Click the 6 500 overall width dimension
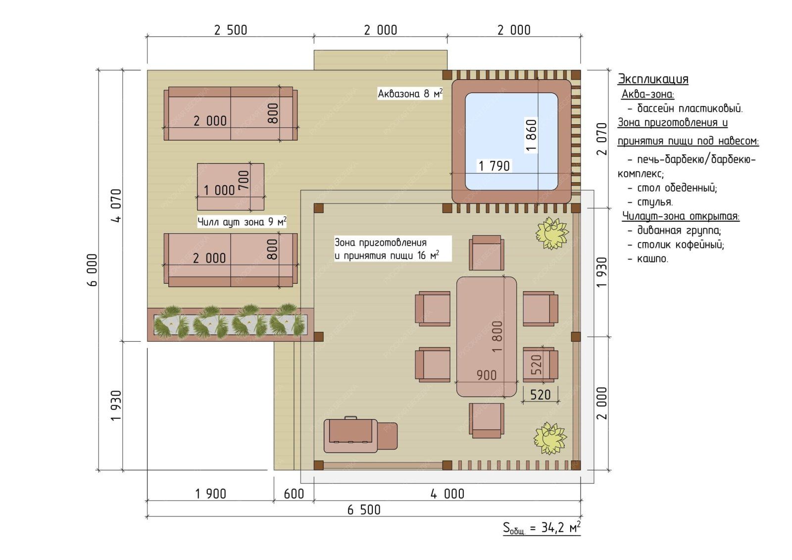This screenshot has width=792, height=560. click(364, 510)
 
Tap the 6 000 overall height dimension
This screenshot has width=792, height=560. click(92, 270)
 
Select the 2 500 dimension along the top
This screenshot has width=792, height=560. click(231, 30)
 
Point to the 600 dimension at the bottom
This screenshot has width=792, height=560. click(294, 494)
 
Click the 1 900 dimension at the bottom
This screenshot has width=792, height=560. click(211, 494)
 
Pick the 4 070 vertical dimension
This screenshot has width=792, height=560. click(116, 205)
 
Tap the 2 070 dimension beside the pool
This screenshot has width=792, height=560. click(601, 139)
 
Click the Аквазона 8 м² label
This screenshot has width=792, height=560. click(410, 94)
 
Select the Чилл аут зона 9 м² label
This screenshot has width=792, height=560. click(242, 221)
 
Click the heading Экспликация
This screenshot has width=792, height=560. click(653, 79)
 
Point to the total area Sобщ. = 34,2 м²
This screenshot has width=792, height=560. click(542, 528)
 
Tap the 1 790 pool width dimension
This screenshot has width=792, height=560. click(494, 166)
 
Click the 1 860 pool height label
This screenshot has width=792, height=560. click(531, 136)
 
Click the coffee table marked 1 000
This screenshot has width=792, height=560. click(231, 187)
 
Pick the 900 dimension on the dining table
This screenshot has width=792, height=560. click(487, 375)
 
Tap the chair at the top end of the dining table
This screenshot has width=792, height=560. click(487, 253)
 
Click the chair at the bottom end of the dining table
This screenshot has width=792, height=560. click(487, 421)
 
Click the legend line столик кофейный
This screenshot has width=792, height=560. click(676, 245)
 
